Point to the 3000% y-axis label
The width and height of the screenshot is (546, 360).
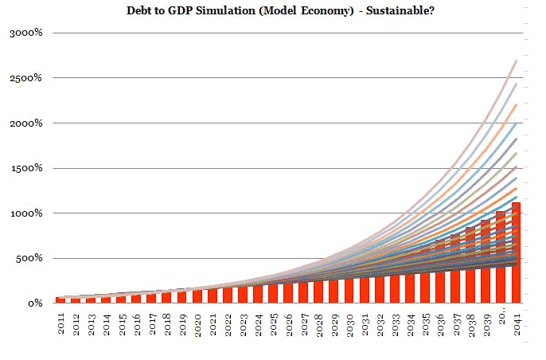(x=26, y=33)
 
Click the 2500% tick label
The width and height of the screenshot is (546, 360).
(x=26, y=78)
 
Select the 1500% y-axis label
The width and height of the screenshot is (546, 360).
(x=26, y=168)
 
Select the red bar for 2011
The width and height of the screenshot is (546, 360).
(x=60, y=299)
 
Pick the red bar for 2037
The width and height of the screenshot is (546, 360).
(x=455, y=270)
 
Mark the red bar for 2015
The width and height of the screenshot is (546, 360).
(x=121, y=299)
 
